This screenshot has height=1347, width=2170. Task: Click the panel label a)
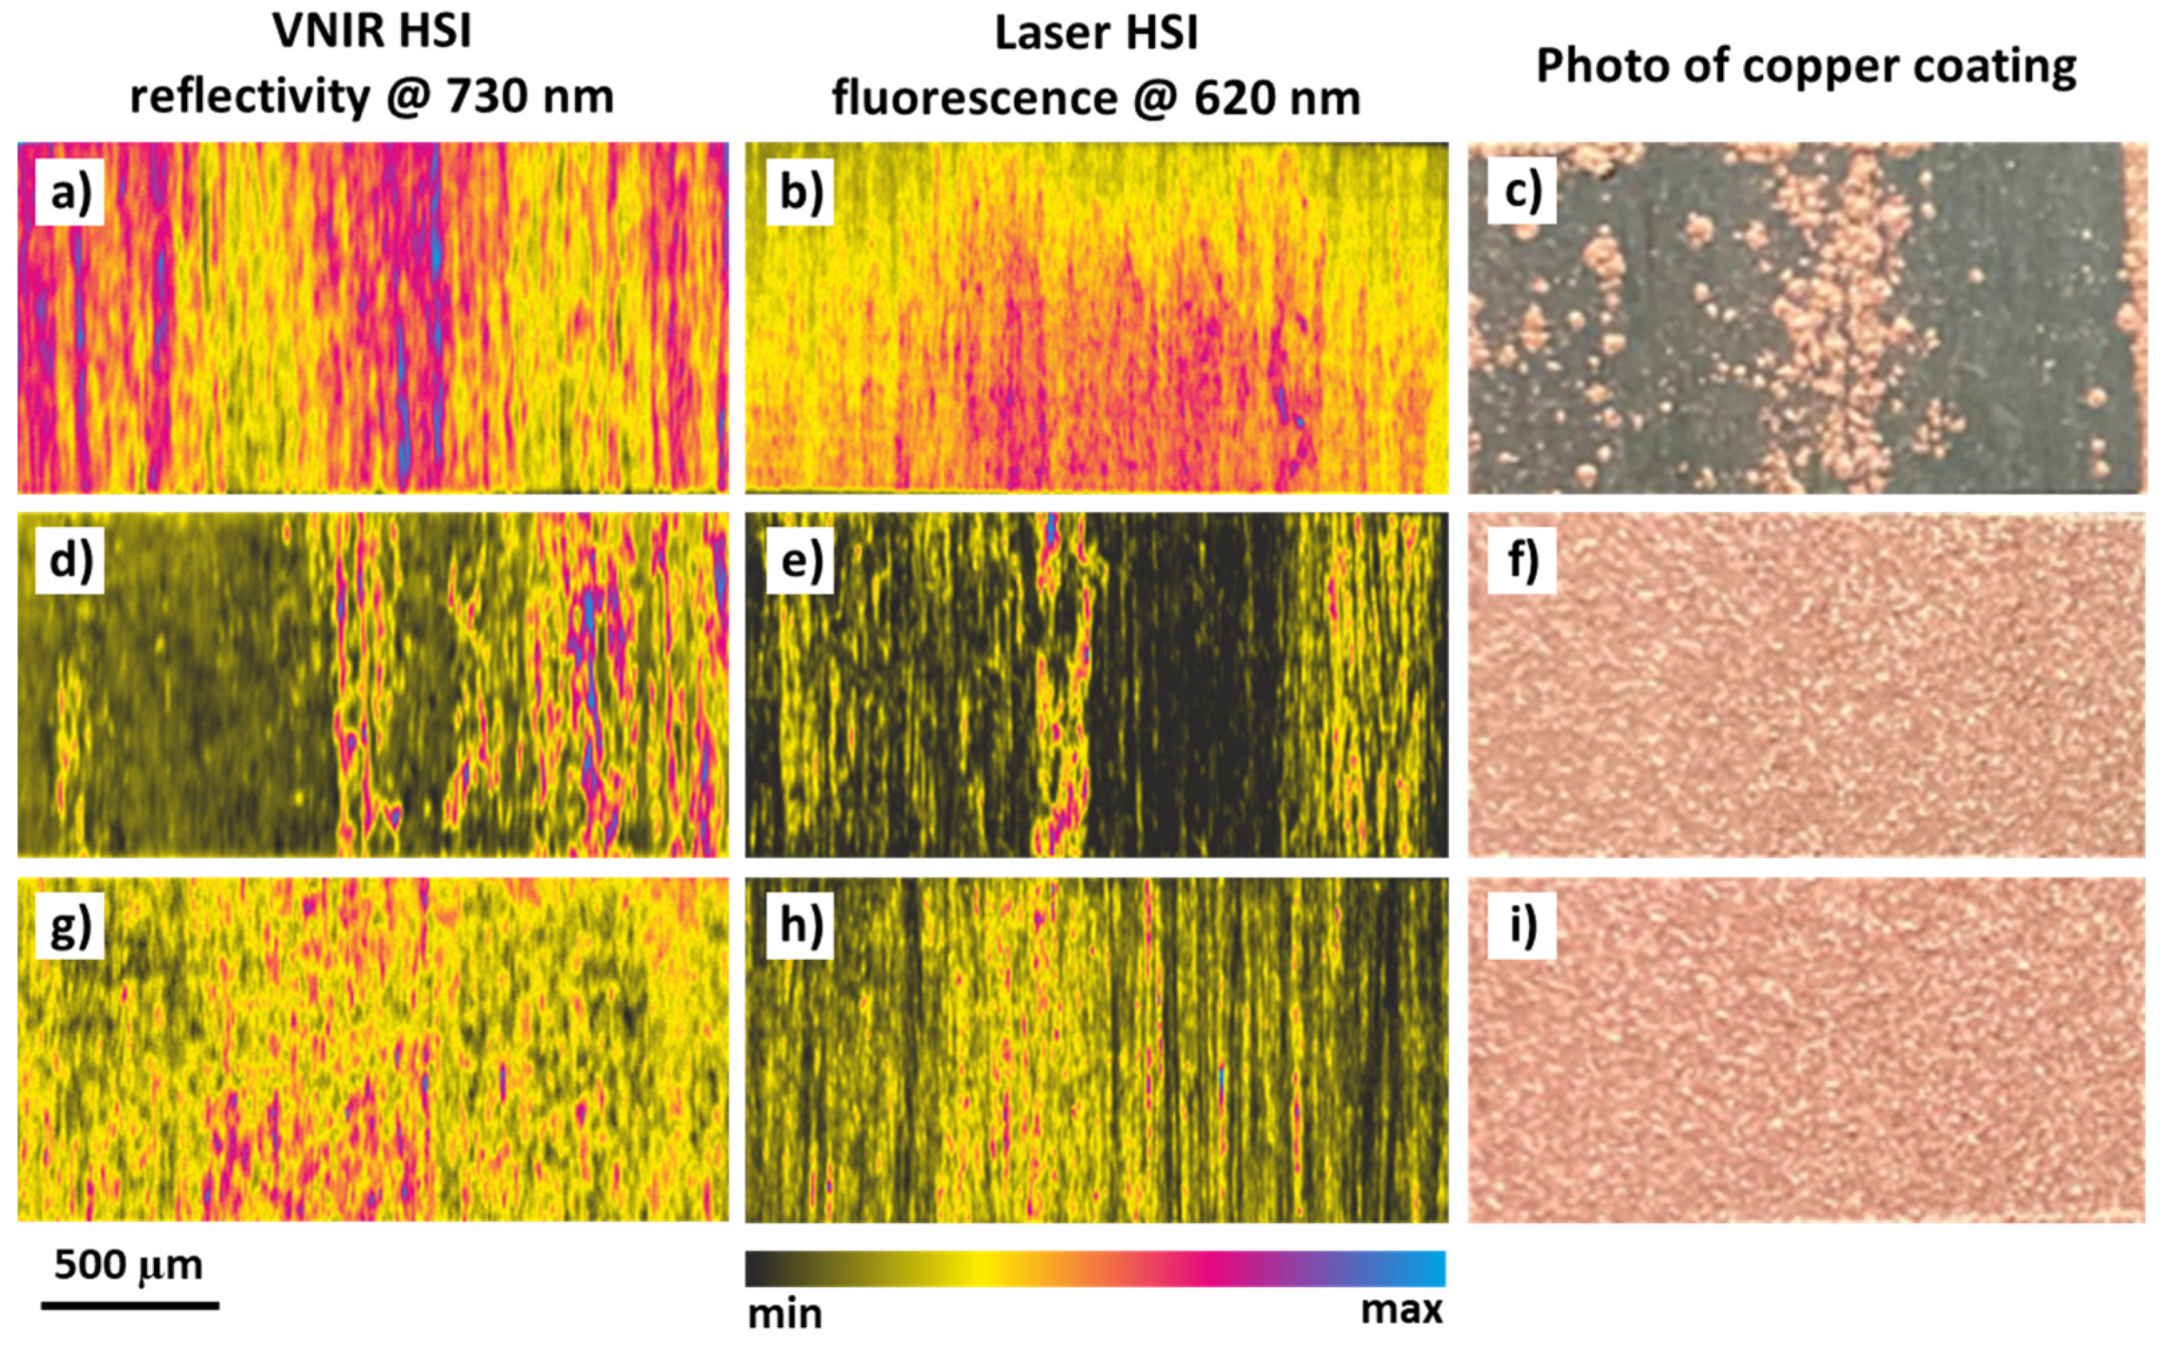click(x=70, y=192)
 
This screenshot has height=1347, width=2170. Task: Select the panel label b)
click(x=800, y=192)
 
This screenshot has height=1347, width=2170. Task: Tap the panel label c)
click(x=1522, y=191)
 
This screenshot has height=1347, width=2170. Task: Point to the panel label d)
click(x=70, y=561)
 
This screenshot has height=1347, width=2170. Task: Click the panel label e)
click(x=800, y=561)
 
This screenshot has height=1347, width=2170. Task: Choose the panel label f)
click(x=1522, y=561)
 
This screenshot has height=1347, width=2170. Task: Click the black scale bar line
click(x=130, y=1306)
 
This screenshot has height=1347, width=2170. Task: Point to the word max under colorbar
click(x=1401, y=1310)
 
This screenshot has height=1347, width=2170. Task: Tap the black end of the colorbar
click(x=757, y=1268)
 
